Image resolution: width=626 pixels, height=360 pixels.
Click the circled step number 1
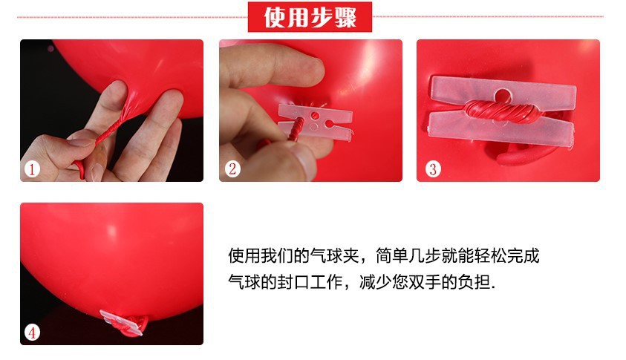pyautogui.click(x=32, y=169)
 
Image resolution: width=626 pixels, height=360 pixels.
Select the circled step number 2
pyautogui.click(x=232, y=169)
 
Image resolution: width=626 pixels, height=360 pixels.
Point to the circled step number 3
pyautogui.click(x=433, y=169)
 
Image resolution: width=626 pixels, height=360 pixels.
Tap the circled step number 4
pyautogui.click(x=32, y=332)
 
